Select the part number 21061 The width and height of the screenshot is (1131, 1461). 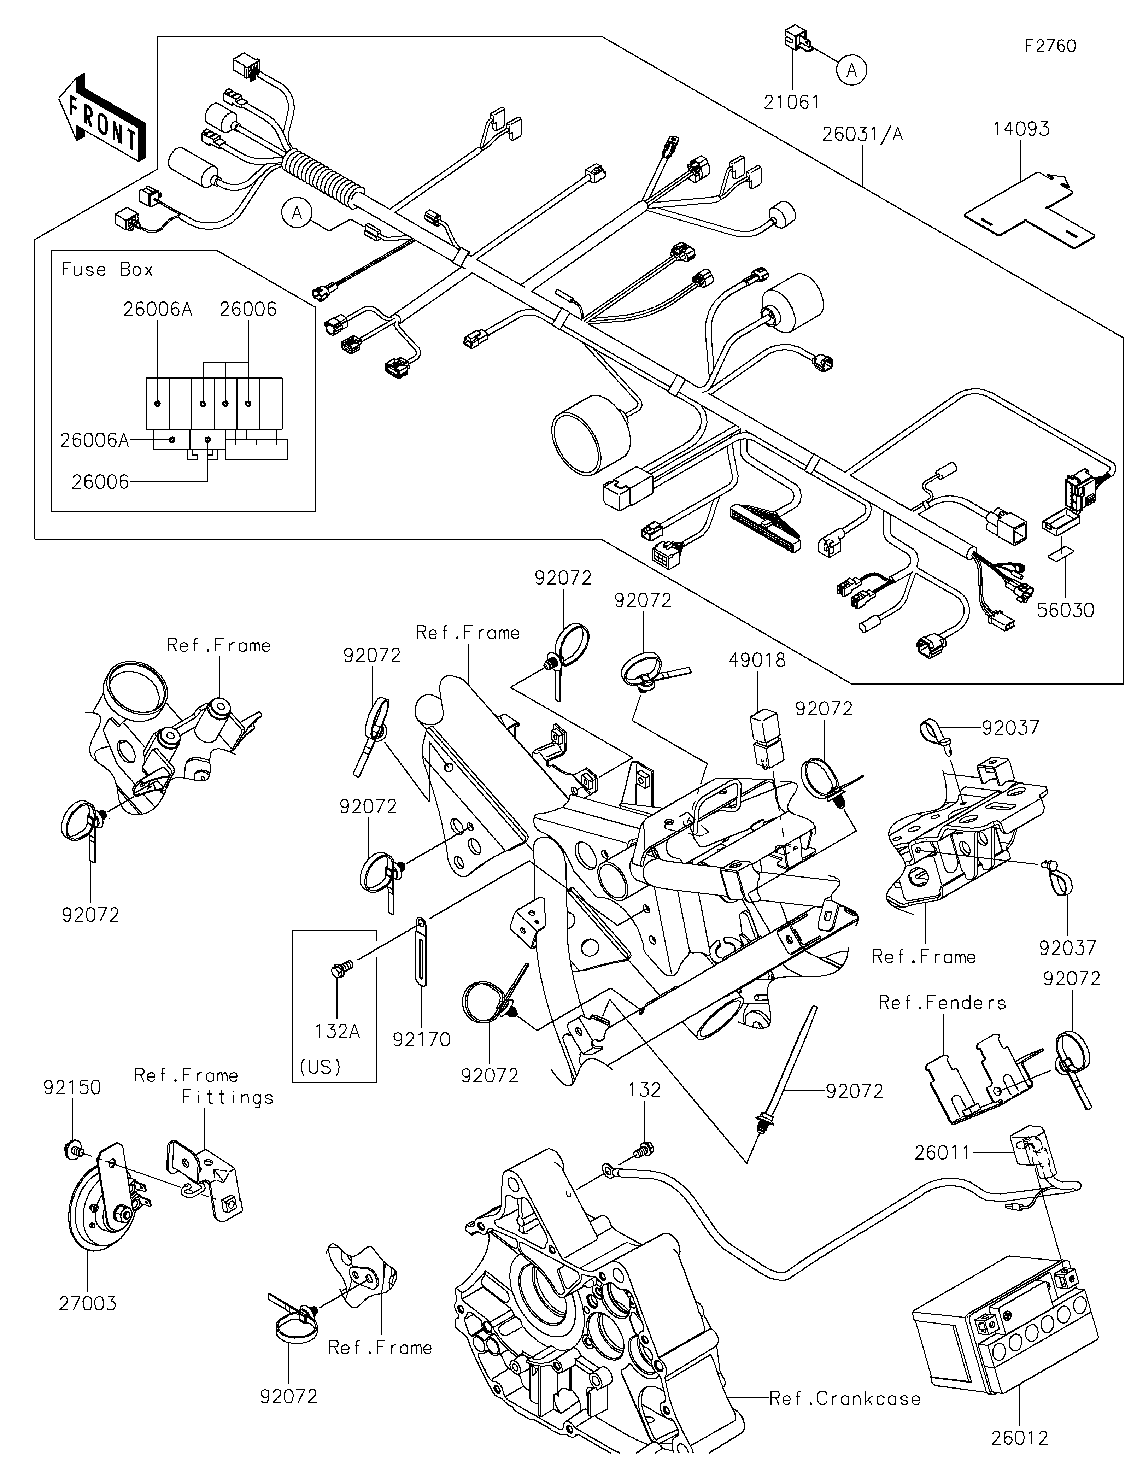(792, 102)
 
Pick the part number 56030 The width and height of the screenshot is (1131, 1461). (1066, 610)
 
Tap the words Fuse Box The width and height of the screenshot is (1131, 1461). (107, 270)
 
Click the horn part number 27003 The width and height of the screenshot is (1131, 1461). (88, 1303)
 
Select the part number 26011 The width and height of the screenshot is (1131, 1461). (941, 1152)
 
